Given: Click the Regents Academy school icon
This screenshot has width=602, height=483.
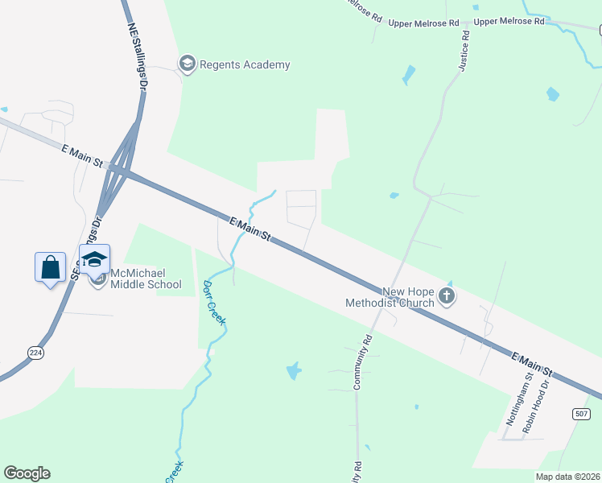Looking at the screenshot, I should click(x=188, y=64).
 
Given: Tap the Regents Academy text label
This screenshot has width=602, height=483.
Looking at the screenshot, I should click(x=245, y=65).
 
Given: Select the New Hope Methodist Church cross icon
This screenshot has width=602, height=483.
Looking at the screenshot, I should click(x=447, y=298).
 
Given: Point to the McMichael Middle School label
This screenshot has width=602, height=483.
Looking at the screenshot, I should click(x=146, y=279).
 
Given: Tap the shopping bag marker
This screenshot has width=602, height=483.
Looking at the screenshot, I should click(x=50, y=266).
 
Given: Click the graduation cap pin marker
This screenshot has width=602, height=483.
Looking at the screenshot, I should click(x=94, y=259).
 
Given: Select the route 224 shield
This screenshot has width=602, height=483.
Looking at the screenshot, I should click(x=35, y=352).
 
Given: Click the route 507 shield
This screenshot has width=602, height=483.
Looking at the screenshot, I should click(x=582, y=413).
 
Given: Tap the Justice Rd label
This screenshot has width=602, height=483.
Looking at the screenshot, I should click(x=463, y=52).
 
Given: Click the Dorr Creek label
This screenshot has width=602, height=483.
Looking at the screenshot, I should click(x=212, y=303).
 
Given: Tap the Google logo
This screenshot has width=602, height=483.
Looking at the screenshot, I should click(x=27, y=473).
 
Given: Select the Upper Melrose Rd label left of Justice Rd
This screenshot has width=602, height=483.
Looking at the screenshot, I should click(x=423, y=23).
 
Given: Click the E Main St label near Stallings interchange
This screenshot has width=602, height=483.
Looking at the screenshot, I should click(x=82, y=155).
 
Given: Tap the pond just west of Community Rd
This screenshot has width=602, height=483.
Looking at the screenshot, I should click(x=294, y=371).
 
